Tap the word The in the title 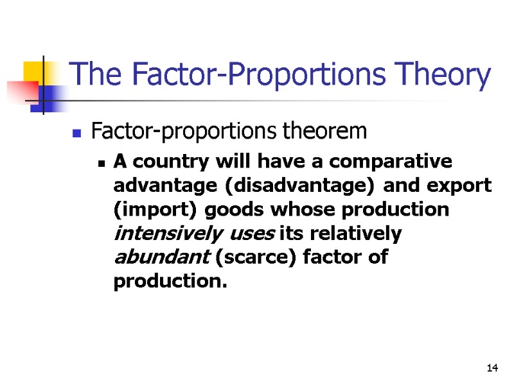click(89, 75)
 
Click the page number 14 click(493, 368)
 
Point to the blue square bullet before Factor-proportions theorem click(76, 134)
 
